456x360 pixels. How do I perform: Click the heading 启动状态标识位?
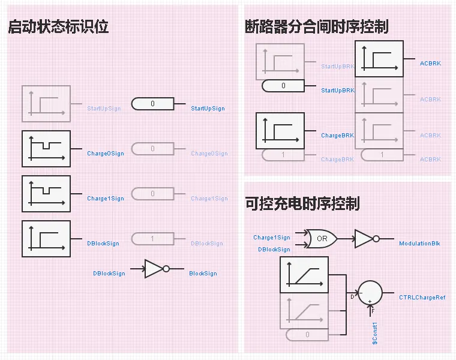pyautogui.click(x=58, y=26)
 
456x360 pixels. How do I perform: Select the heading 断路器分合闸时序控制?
pyautogui.click(x=316, y=26)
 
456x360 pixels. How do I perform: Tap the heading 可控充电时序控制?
pyautogui.click(x=302, y=203)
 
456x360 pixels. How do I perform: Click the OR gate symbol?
pyautogui.click(x=321, y=238)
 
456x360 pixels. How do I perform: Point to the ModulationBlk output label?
pyautogui.click(x=419, y=244)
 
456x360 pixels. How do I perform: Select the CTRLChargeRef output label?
pyautogui.click(x=422, y=298)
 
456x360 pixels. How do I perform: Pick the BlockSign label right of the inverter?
pyautogui.click(x=203, y=274)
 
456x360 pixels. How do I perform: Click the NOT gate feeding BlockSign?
pyautogui.click(x=156, y=269)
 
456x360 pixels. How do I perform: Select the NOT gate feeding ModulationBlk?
pyautogui.click(x=365, y=238)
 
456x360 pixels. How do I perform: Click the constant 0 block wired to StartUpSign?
pyautogui.click(x=152, y=104)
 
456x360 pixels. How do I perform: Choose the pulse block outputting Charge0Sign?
pyautogui.click(x=46, y=149)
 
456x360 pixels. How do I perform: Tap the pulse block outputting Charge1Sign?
pyautogui.click(x=46, y=194)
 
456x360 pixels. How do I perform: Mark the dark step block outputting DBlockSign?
pyautogui.click(x=46, y=239)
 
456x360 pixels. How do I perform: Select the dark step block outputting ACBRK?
pyautogui.click(x=379, y=59)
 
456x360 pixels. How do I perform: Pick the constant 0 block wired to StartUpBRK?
pyautogui.click(x=283, y=86)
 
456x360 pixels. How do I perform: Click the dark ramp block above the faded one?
pyautogui.click(x=304, y=275)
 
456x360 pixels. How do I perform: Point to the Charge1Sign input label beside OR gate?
pyautogui.click(x=271, y=238)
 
